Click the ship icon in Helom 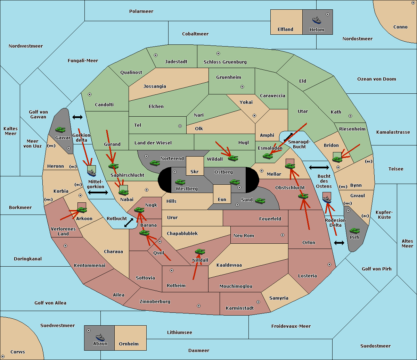point(317,20)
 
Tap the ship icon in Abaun point(100,337)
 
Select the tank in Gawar point(60,129)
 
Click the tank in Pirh point(354,231)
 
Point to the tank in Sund point(260,201)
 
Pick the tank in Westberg point(180,182)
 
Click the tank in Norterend point(155,163)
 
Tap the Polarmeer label point(141,11)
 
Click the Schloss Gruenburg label point(225,62)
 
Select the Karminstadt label point(240,308)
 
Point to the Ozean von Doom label point(377,79)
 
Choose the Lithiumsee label point(179,333)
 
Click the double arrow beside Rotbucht point(129,223)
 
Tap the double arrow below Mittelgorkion point(98,193)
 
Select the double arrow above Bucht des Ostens point(319,168)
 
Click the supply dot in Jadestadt point(156,55)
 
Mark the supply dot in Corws point(3,357)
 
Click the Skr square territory point(195,166)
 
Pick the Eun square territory point(222,194)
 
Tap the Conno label point(400,27)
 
